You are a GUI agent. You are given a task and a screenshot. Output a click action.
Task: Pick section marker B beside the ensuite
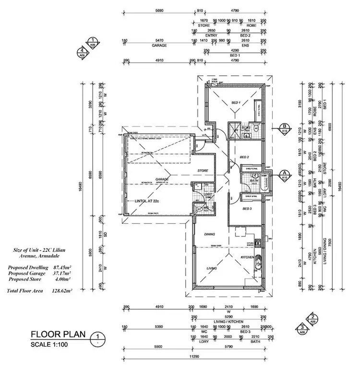[284, 127]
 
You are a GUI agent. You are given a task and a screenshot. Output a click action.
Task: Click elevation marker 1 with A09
[91, 43]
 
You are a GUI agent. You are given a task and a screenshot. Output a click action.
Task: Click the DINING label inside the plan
[209, 234]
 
